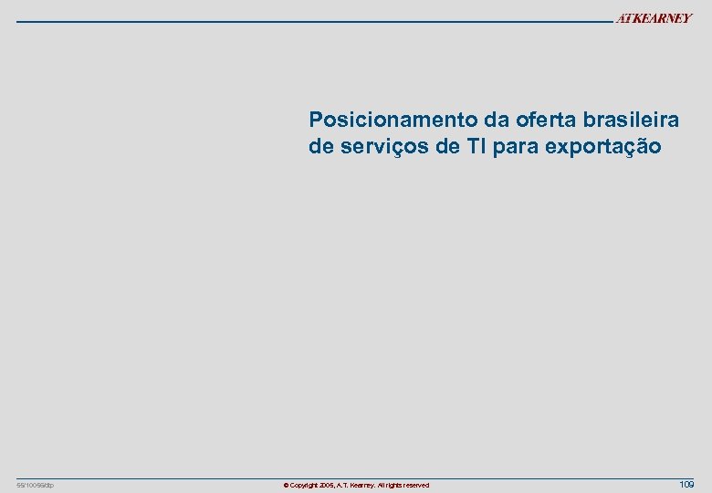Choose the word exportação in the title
603,146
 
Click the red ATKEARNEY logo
654,19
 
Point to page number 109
686,484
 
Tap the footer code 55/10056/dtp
36,485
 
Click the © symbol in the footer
286,485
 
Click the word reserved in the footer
415,485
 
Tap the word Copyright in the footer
302,485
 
